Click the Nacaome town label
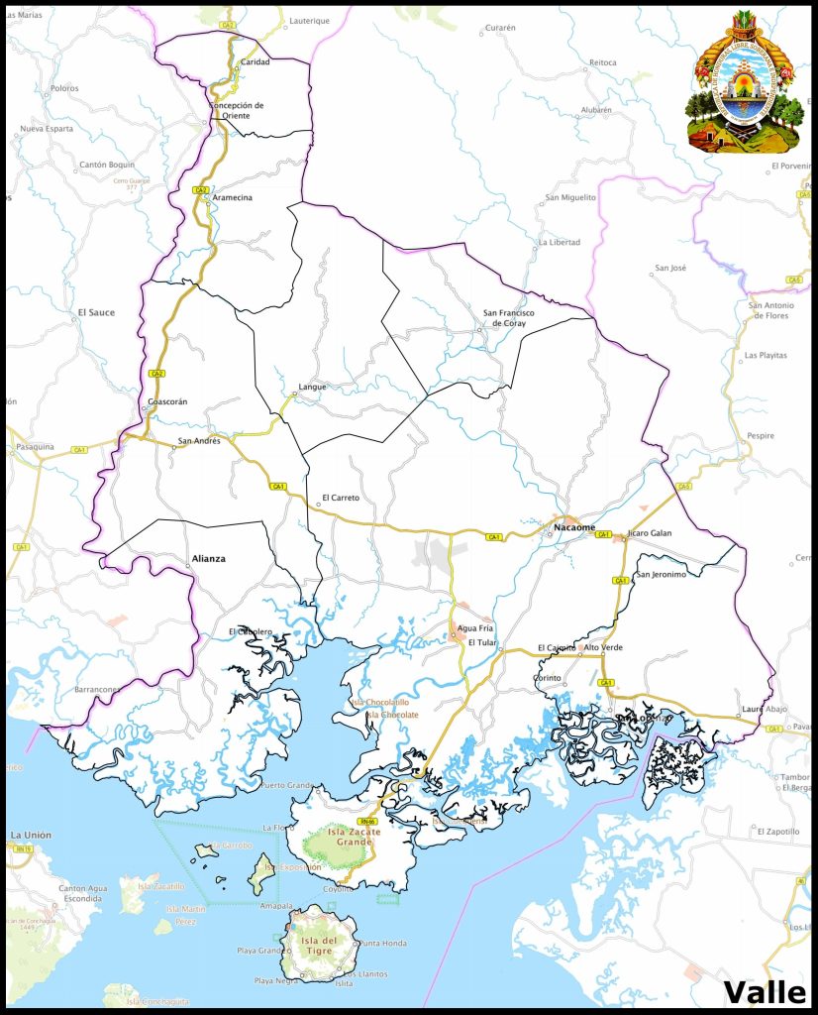pyautogui.click(x=574, y=527)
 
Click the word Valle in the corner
pyautogui.click(x=766, y=991)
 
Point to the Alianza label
pyautogui.click(x=208, y=559)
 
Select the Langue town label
pyautogui.click(x=312, y=387)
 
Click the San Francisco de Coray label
pyautogui.click(x=508, y=317)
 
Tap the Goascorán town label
pyautogui.click(x=166, y=401)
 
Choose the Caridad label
pyautogui.click(x=255, y=62)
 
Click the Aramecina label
pyautogui.click(x=232, y=197)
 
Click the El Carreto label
pyautogui.click(x=341, y=498)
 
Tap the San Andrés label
pyautogui.click(x=199, y=440)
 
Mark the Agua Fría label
pyautogui.click(x=473, y=629)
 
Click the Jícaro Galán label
pyautogui.click(x=650, y=533)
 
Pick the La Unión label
pyautogui.click(x=31, y=836)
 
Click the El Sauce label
pyautogui.click(x=96, y=312)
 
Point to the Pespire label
pyautogui.click(x=761, y=435)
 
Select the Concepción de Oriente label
pyautogui.click(x=237, y=110)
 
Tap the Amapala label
pyautogui.click(x=276, y=906)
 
